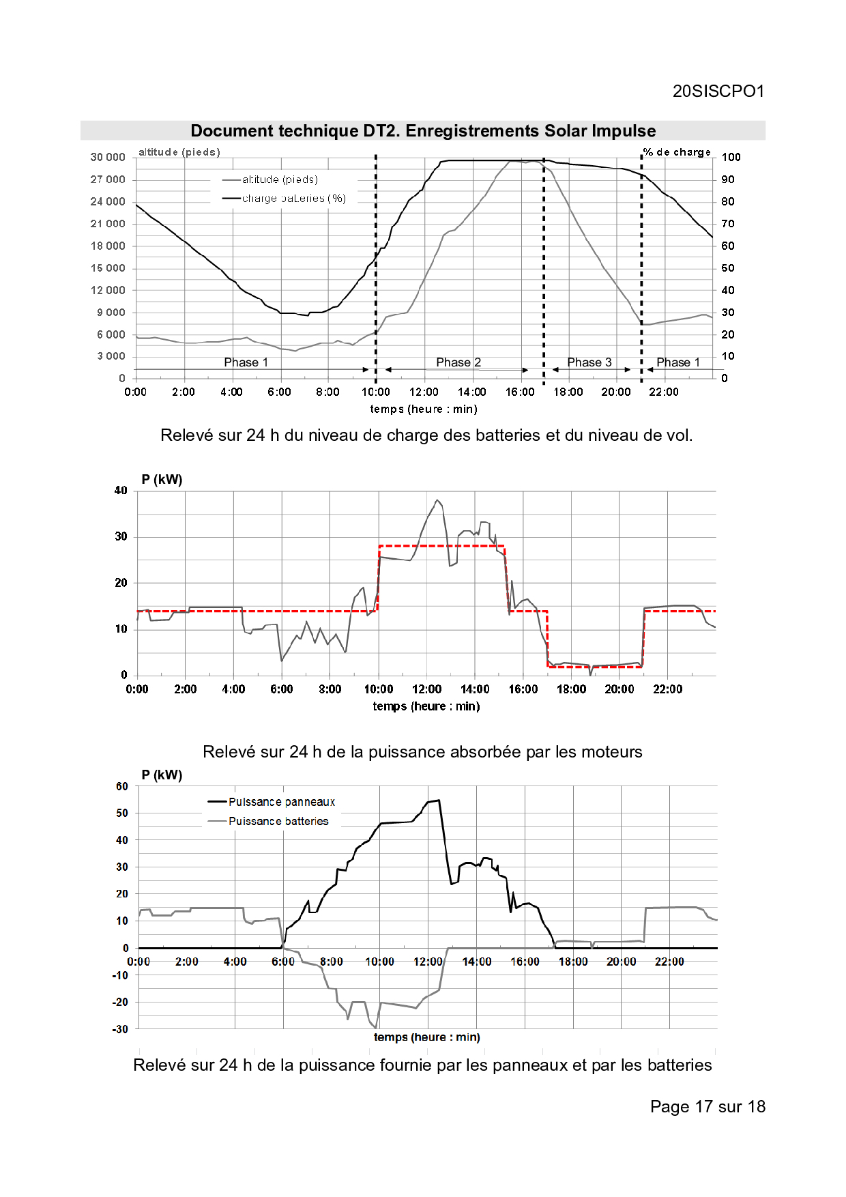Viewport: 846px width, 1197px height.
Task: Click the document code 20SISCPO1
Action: (718, 91)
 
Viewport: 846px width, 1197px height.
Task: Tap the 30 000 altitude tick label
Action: (108, 157)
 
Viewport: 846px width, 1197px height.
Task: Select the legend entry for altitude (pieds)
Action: (280, 179)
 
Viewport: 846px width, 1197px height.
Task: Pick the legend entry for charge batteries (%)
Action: (294, 199)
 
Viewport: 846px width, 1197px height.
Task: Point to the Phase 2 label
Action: (458, 362)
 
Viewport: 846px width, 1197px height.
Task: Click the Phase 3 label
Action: (589, 362)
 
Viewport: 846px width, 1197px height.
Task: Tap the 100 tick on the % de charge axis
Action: (731, 157)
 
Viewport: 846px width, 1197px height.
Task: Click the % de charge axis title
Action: (677, 152)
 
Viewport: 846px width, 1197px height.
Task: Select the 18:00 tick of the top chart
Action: (568, 392)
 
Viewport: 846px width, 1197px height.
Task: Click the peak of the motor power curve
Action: (437, 500)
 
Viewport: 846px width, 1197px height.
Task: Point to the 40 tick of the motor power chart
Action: (121, 491)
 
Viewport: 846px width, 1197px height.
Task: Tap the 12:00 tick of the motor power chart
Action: (426, 689)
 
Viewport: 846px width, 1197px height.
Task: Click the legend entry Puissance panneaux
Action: (282, 802)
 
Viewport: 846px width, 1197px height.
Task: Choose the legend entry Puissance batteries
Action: (278, 821)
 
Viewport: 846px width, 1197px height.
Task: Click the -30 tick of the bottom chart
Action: (120, 1029)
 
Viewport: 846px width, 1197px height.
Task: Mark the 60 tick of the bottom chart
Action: (122, 786)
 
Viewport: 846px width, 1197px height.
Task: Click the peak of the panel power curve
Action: (439, 801)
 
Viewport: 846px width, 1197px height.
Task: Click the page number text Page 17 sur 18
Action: (708, 1107)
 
